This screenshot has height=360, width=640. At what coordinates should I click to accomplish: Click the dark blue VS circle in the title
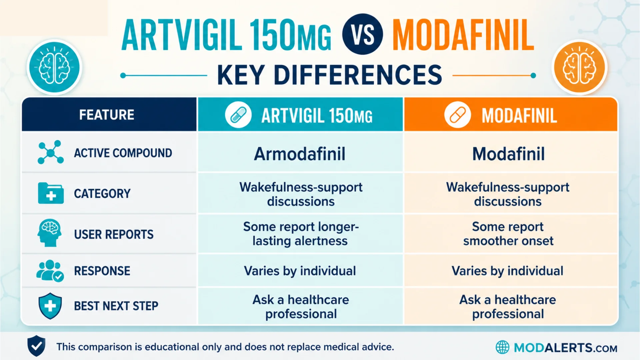click(363, 34)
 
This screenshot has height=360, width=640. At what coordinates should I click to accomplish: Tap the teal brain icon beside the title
click(54, 67)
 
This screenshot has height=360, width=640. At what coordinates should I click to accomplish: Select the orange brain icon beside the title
click(580, 67)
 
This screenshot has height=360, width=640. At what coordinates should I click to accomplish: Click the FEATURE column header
click(107, 115)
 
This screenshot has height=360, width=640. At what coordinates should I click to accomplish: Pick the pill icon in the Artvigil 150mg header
click(238, 115)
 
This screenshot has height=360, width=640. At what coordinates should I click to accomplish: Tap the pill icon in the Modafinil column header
click(457, 115)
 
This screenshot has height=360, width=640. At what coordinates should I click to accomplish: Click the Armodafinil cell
click(300, 154)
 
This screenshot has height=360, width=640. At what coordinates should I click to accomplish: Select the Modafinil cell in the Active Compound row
click(509, 154)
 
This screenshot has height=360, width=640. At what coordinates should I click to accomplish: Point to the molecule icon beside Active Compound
click(51, 152)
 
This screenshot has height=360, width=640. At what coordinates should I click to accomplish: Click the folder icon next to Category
click(51, 193)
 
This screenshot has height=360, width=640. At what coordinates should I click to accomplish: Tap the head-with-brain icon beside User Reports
click(50, 233)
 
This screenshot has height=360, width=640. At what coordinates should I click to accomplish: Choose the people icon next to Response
click(50, 271)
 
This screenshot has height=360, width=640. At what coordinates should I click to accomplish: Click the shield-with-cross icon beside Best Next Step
click(50, 306)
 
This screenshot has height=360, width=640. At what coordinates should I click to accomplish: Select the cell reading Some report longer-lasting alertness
click(301, 234)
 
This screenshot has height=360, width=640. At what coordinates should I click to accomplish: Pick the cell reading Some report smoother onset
click(508, 234)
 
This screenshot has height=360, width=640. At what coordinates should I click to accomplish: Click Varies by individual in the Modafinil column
click(507, 271)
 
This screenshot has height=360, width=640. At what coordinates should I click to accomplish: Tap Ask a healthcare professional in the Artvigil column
click(301, 307)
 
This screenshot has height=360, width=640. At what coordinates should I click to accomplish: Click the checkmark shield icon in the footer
click(36, 346)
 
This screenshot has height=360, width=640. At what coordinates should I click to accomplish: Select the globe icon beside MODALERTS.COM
click(502, 347)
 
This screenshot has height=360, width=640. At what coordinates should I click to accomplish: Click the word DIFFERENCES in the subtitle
click(358, 75)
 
